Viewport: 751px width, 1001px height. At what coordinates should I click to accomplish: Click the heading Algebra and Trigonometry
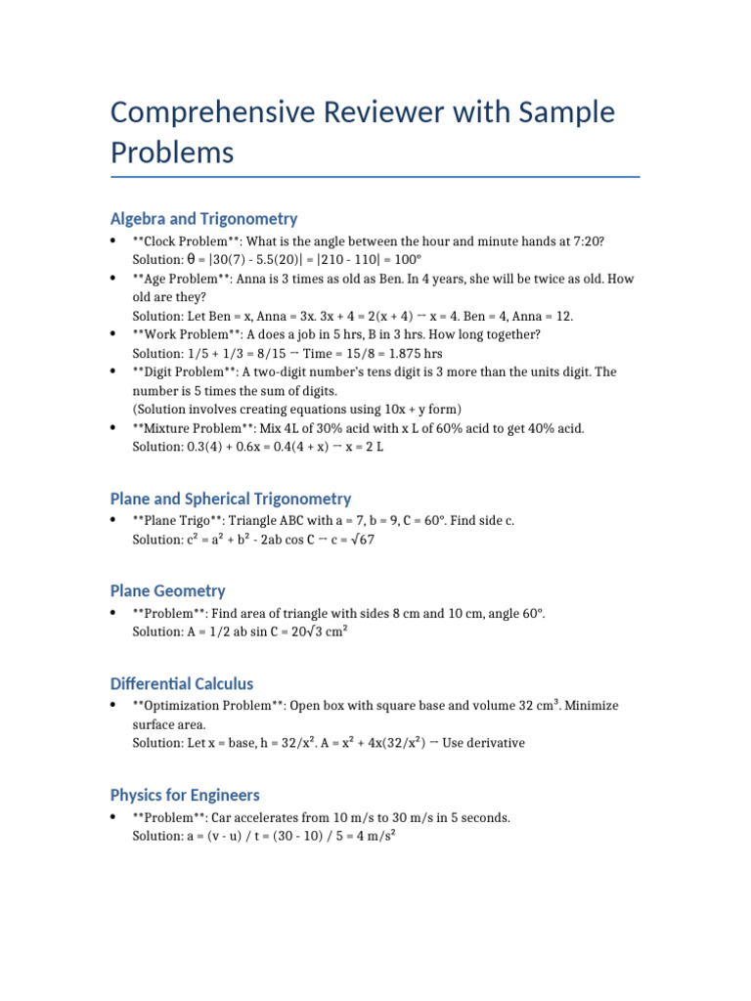(203, 218)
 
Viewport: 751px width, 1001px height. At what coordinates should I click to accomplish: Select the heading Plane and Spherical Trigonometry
(231, 499)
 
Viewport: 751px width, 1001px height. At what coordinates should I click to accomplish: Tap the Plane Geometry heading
(167, 590)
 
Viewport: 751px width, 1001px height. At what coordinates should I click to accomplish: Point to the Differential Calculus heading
(181, 683)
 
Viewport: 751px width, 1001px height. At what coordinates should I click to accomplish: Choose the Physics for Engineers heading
(185, 795)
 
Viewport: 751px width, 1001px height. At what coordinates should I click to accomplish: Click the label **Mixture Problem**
(193, 428)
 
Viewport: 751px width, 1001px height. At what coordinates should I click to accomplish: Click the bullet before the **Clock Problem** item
(115, 241)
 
